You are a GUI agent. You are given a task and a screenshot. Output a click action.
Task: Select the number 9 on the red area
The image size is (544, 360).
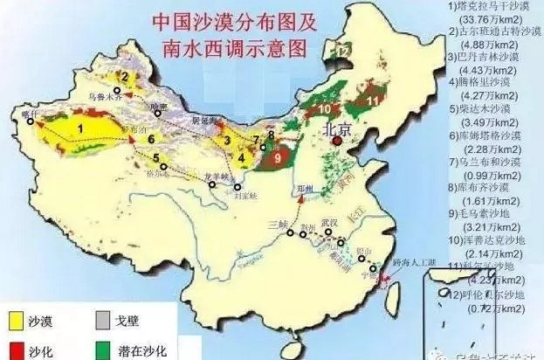click(278, 159)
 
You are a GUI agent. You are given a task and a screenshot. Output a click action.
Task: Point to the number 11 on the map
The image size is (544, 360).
click(372, 100)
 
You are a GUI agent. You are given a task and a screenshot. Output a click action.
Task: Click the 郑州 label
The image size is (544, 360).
click(304, 188)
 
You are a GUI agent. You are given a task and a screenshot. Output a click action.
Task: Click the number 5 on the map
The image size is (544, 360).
click(156, 158)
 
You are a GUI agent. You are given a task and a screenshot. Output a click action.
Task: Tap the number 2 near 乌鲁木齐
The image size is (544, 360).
click(125, 77)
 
